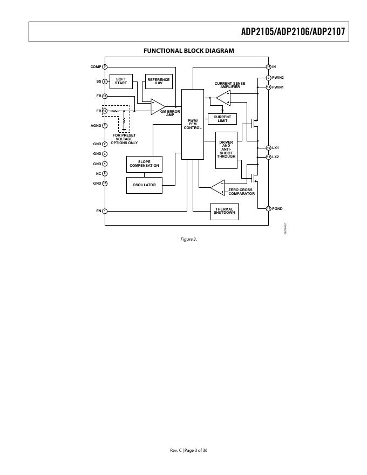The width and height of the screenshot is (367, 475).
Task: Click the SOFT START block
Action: coord(121,82)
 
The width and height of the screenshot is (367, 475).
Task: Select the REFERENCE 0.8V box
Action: coord(159,82)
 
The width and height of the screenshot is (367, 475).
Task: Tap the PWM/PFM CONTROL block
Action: coord(193,124)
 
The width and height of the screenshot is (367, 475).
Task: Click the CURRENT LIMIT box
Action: coord(222,118)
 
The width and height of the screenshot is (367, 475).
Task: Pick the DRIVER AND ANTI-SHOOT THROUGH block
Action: coord(226,150)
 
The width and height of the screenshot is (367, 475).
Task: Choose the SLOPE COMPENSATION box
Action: coord(144,164)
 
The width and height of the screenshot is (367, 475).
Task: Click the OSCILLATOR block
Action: coord(144,185)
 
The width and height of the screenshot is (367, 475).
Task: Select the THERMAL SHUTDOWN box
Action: coord(225,211)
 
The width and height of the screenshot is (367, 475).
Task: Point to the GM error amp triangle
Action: coord(157,106)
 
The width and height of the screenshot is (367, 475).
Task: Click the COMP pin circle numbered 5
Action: coord(105,67)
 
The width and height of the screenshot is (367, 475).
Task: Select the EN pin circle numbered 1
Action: coord(105,211)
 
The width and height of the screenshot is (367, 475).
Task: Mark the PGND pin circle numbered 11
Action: coord(268,208)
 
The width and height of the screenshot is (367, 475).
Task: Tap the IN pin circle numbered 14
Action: coord(268,67)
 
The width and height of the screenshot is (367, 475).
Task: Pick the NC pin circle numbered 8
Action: coord(105,174)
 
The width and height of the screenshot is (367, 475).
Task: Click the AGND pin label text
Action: coord(96,125)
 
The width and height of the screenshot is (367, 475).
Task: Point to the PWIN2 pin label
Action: coord(278,78)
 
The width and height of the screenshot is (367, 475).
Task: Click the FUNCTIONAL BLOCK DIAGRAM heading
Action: coord(188,51)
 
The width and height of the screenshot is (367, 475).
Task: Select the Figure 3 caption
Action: coord(188,239)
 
